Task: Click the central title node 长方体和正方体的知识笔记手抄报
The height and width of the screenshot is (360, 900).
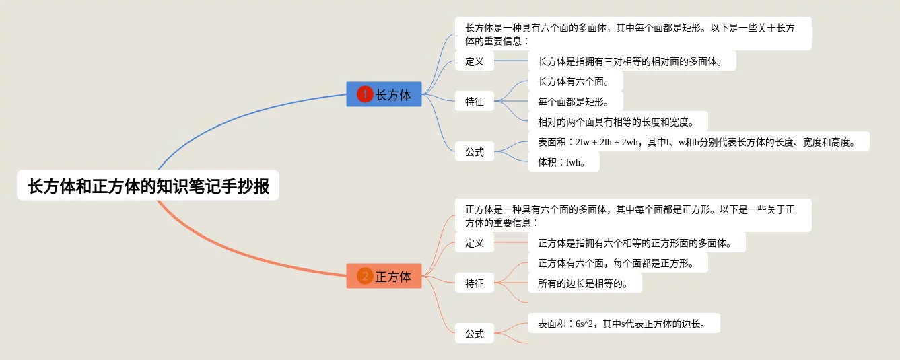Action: [x=148, y=185]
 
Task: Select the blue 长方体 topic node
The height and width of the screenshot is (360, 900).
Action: [x=384, y=94]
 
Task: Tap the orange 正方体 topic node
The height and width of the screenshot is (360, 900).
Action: [x=384, y=276]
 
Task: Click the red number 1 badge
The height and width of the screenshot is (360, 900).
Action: [x=365, y=94]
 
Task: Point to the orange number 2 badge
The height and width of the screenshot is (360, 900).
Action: [x=365, y=276]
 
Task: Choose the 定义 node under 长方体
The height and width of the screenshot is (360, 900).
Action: [x=475, y=61]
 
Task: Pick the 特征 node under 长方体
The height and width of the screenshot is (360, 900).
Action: [x=475, y=102]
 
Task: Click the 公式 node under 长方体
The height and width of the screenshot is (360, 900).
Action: [x=475, y=152]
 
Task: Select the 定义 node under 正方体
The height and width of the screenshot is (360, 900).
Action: [x=475, y=243]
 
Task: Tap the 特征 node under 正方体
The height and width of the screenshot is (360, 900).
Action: [x=475, y=283]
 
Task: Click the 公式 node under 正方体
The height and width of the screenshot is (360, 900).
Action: [x=475, y=333]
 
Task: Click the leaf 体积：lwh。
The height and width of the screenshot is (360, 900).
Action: [x=563, y=162]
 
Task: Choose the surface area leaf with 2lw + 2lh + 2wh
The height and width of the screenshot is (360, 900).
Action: [x=698, y=142]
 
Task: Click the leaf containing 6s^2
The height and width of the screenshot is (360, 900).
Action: [x=623, y=324]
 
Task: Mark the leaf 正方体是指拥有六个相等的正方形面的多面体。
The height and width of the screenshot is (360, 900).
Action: [x=636, y=243]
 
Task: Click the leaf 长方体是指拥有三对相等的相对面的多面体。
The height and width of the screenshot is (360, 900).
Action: [x=631, y=61]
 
